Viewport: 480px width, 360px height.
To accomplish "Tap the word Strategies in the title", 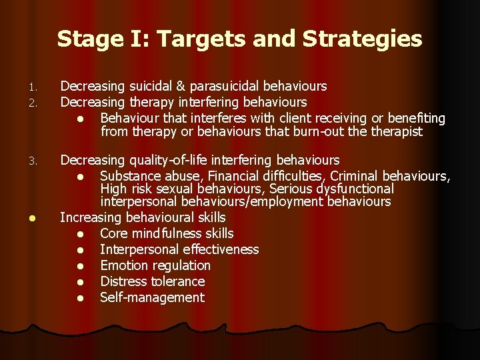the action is [x=363, y=39].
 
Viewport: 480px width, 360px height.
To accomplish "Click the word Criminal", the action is [x=357, y=176].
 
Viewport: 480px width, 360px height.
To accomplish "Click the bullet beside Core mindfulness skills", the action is [x=80, y=234].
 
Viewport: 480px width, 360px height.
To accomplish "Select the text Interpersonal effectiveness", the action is [x=179, y=249].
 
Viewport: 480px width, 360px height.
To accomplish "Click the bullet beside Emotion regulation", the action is [x=80, y=266].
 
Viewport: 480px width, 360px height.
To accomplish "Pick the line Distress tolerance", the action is [x=152, y=281].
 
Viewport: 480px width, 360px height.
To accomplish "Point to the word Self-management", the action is [x=152, y=297].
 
